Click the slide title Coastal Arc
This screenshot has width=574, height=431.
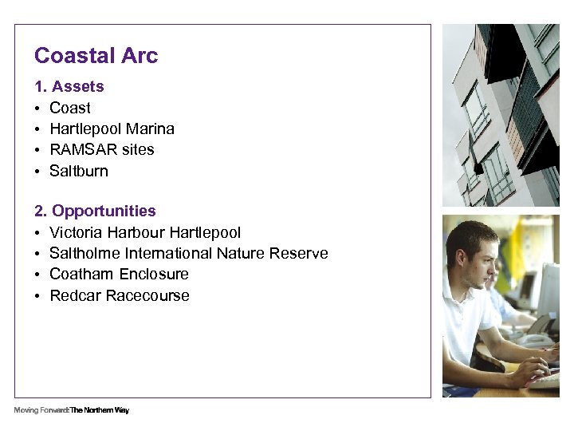pos(96,56)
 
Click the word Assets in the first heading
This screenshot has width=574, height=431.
pos(77,86)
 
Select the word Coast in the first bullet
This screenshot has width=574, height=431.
pos(70,108)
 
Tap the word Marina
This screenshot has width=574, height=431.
pos(150,129)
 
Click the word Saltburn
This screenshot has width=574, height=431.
pos(79,171)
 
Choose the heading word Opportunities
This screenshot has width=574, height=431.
pos(104,211)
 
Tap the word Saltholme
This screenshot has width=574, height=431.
pos(85,253)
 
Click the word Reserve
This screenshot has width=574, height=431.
pos(299,253)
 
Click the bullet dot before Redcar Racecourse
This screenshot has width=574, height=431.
pos(38,296)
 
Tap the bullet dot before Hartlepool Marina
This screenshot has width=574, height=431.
pos(38,129)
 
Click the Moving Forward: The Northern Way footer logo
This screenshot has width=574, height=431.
pos(71,410)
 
